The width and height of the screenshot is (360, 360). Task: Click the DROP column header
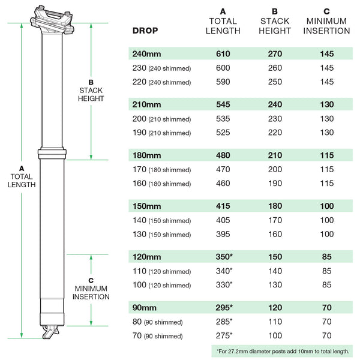point(145,31)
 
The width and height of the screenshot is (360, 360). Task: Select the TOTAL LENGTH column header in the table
point(223,21)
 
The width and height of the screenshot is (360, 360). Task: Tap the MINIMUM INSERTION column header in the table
point(326,21)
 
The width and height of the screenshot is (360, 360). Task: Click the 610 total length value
point(223,54)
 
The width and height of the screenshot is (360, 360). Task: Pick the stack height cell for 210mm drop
point(275,104)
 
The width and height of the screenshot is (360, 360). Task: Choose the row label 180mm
point(147,155)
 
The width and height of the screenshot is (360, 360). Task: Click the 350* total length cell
point(224,257)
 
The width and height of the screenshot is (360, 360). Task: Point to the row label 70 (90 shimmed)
point(157,335)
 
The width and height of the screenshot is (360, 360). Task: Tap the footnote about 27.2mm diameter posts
point(283,351)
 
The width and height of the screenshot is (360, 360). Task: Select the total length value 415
point(223,206)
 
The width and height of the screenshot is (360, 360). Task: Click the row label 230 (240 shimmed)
point(161,68)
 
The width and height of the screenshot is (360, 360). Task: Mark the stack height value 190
point(275,184)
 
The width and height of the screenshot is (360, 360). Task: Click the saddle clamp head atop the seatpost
point(53,20)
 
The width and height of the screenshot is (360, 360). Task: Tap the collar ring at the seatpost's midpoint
point(52,153)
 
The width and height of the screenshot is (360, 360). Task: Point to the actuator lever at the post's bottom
point(50,332)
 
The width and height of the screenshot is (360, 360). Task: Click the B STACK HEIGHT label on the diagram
point(91,91)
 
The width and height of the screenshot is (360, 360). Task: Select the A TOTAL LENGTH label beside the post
point(22,177)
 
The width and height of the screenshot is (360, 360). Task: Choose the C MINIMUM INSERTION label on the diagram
point(91,289)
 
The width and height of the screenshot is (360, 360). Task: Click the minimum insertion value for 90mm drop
point(327,308)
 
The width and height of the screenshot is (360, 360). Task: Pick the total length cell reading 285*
point(224,322)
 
